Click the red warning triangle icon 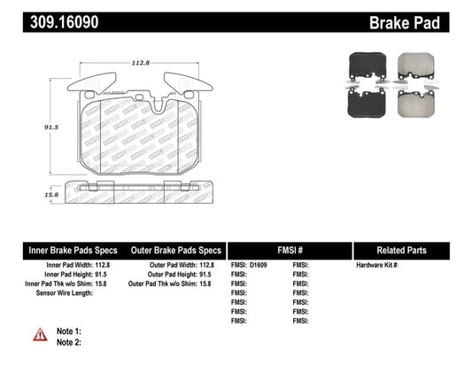40,335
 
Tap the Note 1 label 68,330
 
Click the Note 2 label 68,341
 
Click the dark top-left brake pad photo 364,64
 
